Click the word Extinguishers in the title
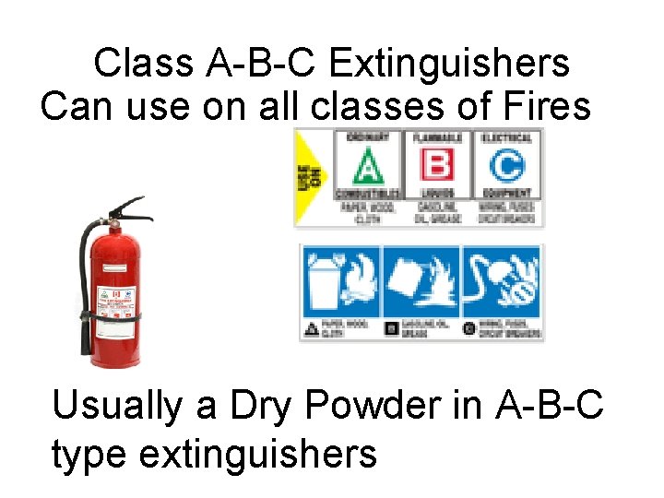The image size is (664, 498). pos(449,65)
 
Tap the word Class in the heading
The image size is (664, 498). pos(144,65)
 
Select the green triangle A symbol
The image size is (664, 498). pos(367,168)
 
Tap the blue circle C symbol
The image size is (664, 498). pos(505,168)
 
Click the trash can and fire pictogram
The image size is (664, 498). pos(339,280)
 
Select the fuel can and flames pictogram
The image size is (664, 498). pos(421,280)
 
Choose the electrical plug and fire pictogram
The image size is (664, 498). pos(502,280)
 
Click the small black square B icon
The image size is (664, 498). pos(391,327)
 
